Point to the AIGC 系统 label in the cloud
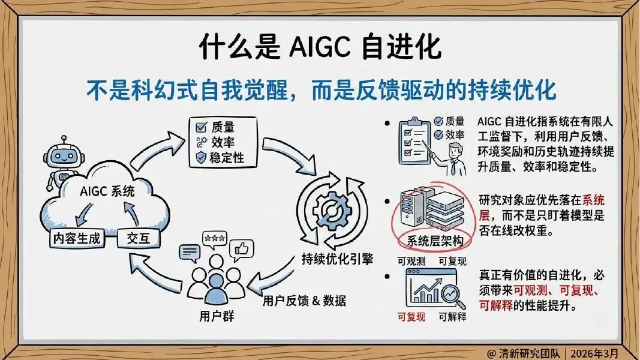(x=107, y=192)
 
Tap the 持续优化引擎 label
(x=338, y=259)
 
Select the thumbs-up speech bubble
(x=241, y=248)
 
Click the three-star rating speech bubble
(x=214, y=239)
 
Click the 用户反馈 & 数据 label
(x=304, y=300)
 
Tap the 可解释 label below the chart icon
(x=452, y=316)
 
